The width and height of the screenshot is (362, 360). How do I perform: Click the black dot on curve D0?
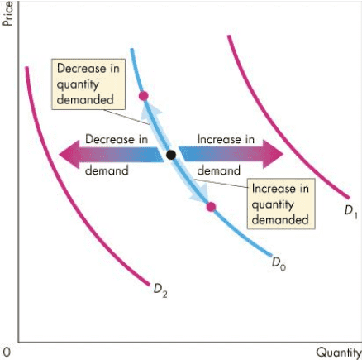click(x=170, y=155)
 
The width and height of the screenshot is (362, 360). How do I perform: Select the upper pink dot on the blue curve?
click(x=144, y=96)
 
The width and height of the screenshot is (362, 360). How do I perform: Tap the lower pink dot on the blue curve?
click(x=211, y=206)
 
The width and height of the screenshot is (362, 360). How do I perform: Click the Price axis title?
click(x=8, y=13)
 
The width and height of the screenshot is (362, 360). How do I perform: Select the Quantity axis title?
click(x=338, y=353)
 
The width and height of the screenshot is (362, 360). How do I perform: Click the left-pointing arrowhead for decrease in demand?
click(x=66, y=155)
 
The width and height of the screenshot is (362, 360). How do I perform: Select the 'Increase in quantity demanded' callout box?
click(x=282, y=204)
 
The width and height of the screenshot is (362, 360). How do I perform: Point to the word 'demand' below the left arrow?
click(x=107, y=171)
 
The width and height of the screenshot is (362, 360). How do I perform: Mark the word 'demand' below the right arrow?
click(x=218, y=171)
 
